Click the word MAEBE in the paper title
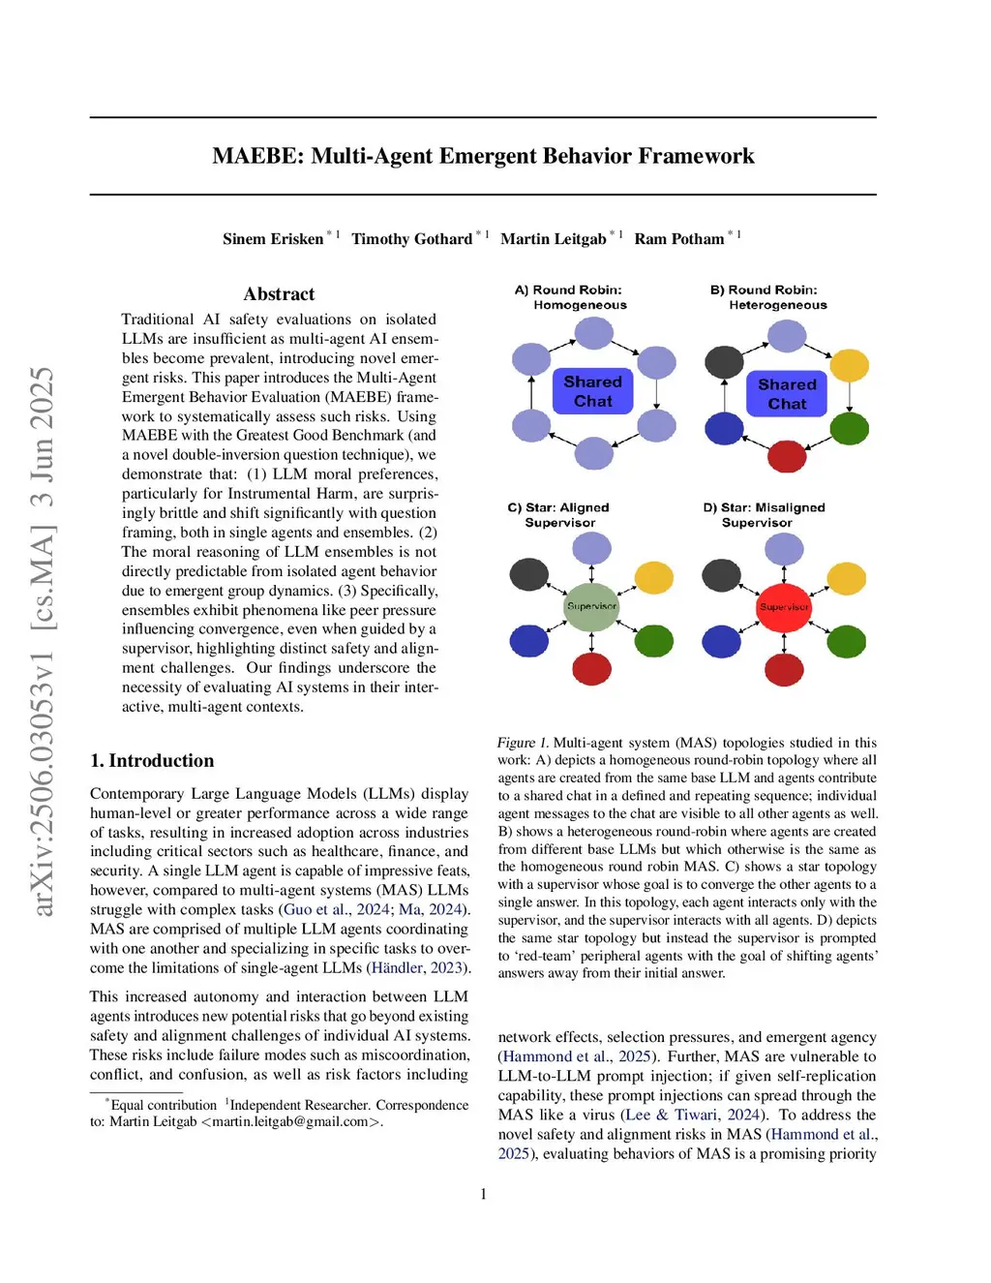point(256,156)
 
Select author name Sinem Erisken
point(273,239)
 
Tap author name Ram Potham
point(679,239)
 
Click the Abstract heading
point(279,294)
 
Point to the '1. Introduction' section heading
point(152,761)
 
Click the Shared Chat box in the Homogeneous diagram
point(592,392)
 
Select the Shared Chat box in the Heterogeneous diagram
point(787,394)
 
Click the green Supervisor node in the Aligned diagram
point(591,606)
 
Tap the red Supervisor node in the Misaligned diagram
point(784,607)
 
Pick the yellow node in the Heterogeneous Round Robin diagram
point(850,365)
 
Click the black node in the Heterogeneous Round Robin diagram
point(724,362)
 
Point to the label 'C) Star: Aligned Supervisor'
point(559,515)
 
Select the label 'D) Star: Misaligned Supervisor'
point(764,515)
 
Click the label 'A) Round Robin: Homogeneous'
point(570,297)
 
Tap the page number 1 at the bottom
point(484,1194)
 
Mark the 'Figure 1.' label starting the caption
point(523,743)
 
